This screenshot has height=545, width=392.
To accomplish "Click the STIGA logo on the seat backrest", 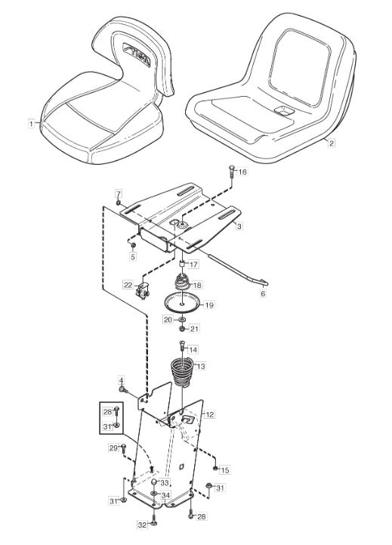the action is tap(137, 54).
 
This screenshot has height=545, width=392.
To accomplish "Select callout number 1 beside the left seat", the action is tap(32, 123).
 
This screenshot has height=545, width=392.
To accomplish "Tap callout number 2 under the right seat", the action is tap(332, 143).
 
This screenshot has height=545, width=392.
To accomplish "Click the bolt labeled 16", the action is tap(232, 172).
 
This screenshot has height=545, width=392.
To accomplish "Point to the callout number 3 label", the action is tap(239, 226).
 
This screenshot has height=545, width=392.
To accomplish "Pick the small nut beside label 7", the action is tap(119, 203).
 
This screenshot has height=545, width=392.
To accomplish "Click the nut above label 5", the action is tap(133, 246).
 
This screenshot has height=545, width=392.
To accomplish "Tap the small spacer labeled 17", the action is tap(181, 264).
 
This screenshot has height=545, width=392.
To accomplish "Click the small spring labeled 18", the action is tap(181, 281).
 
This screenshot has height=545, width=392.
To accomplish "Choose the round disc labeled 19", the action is tap(182, 303).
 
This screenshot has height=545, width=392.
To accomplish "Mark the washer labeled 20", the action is tap(182, 319).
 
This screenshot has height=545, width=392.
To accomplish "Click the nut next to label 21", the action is tap(182, 328).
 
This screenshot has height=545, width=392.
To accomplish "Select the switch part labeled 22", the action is tap(142, 291).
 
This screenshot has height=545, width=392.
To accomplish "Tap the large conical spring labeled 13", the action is tap(182, 372).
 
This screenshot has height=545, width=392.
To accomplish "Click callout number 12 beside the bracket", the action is tap(210, 414).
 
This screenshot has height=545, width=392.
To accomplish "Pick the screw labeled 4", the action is tap(122, 390).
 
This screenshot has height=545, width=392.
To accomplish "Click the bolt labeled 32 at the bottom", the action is tap(154, 523).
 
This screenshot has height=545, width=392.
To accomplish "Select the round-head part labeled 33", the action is tap(154, 482).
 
